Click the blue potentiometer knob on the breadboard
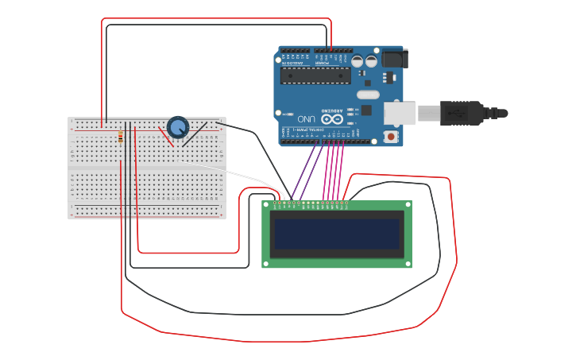(178, 126)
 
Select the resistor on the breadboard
(120, 137)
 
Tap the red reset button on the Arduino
(390, 137)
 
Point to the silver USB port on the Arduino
(400, 113)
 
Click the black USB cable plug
(461, 113)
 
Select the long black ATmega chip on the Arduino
(315, 75)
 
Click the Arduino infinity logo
(332, 118)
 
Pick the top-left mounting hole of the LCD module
(267, 205)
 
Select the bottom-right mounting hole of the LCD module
(408, 263)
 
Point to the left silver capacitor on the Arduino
(358, 61)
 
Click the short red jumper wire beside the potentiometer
(165, 137)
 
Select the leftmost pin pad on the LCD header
(275, 203)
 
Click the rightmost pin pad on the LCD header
(347, 203)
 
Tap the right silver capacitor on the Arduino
(371, 61)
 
